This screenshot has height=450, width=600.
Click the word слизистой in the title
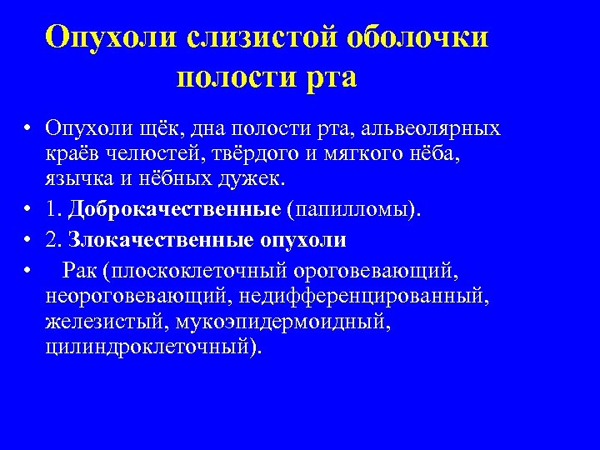pos(261,37)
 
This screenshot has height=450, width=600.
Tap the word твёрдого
pos(250,154)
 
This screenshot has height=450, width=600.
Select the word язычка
pos(77,178)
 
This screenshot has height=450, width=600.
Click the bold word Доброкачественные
pos(175,208)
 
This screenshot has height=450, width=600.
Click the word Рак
pos(79,271)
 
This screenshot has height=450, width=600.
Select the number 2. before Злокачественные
pos(55,240)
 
